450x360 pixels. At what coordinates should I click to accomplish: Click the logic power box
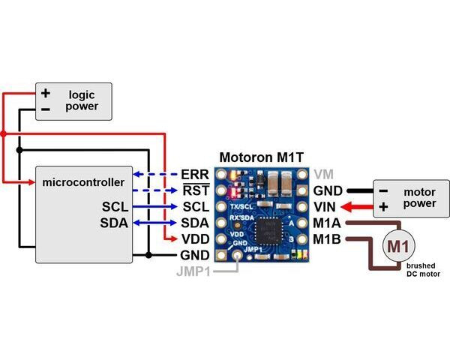tap(74, 101)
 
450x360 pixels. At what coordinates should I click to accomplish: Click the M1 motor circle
tap(398, 245)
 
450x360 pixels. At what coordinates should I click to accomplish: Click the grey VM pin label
tap(324, 174)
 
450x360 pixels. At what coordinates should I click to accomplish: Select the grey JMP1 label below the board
tap(193, 271)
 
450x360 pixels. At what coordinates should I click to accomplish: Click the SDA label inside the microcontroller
tap(114, 223)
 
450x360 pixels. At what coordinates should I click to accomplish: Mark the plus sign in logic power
tap(46, 94)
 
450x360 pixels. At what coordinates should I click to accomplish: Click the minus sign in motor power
tap(383, 190)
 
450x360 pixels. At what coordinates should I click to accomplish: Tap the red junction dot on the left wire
tap(4, 133)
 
